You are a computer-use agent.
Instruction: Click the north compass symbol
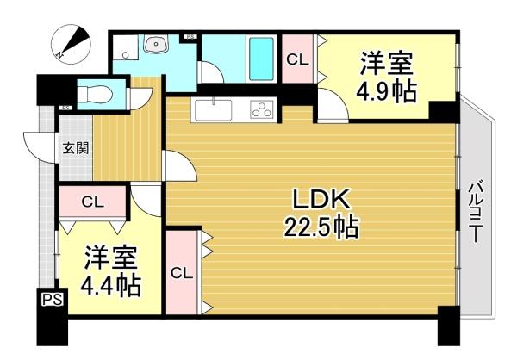tap(72, 44)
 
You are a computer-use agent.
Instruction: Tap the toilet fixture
tap(95, 94)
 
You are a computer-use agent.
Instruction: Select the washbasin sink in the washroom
tap(156, 44)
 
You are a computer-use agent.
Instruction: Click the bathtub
tap(261, 59)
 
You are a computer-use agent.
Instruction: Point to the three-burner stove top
tap(262, 109)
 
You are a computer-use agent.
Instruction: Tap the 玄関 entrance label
tap(76, 148)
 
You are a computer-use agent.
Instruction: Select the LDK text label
tap(321, 200)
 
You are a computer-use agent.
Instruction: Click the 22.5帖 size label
tap(321, 227)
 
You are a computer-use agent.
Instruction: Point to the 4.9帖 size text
tap(387, 90)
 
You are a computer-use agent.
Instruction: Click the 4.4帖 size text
tap(111, 284)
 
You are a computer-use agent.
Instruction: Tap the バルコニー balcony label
tap(475, 211)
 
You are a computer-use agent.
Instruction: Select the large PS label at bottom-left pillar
tap(52, 300)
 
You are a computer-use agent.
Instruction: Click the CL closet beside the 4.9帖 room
tap(297, 59)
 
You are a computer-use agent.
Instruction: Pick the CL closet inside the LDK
tap(182, 273)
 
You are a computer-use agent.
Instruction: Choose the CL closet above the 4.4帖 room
tap(93, 202)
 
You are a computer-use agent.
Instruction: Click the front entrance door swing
tap(39, 147)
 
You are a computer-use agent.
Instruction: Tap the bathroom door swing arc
tap(213, 71)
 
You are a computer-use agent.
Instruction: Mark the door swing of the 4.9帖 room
tap(333, 105)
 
